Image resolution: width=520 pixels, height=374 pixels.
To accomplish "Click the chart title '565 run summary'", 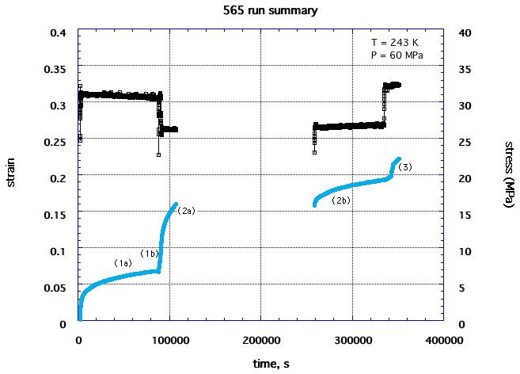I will (260, 11).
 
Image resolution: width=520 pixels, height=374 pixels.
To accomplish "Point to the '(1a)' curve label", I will (122, 262).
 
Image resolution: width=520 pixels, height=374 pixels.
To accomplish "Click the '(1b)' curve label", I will (150, 253).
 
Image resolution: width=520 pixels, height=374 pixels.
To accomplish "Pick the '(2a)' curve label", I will (186, 211).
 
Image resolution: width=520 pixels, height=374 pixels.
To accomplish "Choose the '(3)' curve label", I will (404, 167).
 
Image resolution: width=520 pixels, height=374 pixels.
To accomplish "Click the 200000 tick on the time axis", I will (260, 340).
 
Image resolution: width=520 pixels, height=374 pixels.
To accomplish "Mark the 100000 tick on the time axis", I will (169, 340).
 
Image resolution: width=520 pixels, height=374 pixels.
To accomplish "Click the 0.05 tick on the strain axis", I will (59, 288).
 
